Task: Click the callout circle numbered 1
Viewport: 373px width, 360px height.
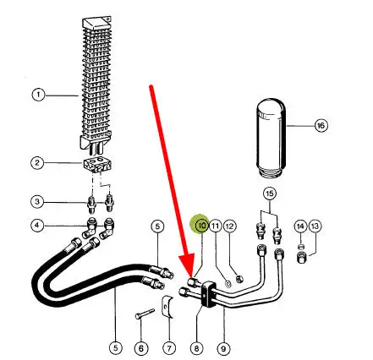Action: (38, 95)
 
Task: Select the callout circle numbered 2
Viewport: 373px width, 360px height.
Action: (37, 162)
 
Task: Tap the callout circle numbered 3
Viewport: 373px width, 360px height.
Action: (37, 202)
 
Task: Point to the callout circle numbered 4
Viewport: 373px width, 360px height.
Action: (37, 225)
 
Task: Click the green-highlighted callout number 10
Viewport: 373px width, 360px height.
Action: (202, 226)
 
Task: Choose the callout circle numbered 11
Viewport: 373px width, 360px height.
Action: (216, 226)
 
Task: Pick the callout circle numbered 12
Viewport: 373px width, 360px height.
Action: (230, 226)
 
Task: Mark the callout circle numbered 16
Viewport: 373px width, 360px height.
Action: (321, 125)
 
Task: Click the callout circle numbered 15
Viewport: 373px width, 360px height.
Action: (270, 194)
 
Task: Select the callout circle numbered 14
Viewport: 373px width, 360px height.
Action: (300, 226)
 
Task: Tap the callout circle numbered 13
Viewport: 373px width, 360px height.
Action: (315, 226)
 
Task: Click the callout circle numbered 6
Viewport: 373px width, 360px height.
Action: (141, 349)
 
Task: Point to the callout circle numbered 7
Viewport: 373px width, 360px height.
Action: (169, 349)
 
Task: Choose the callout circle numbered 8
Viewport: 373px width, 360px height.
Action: (196, 349)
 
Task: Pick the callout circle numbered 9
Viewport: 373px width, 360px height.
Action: (223, 349)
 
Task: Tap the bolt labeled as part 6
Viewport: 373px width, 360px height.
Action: (145, 314)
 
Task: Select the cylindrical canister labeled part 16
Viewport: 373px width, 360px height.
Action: (271, 138)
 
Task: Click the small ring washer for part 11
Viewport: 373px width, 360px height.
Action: (228, 284)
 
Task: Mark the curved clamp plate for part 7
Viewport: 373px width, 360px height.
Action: (167, 308)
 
